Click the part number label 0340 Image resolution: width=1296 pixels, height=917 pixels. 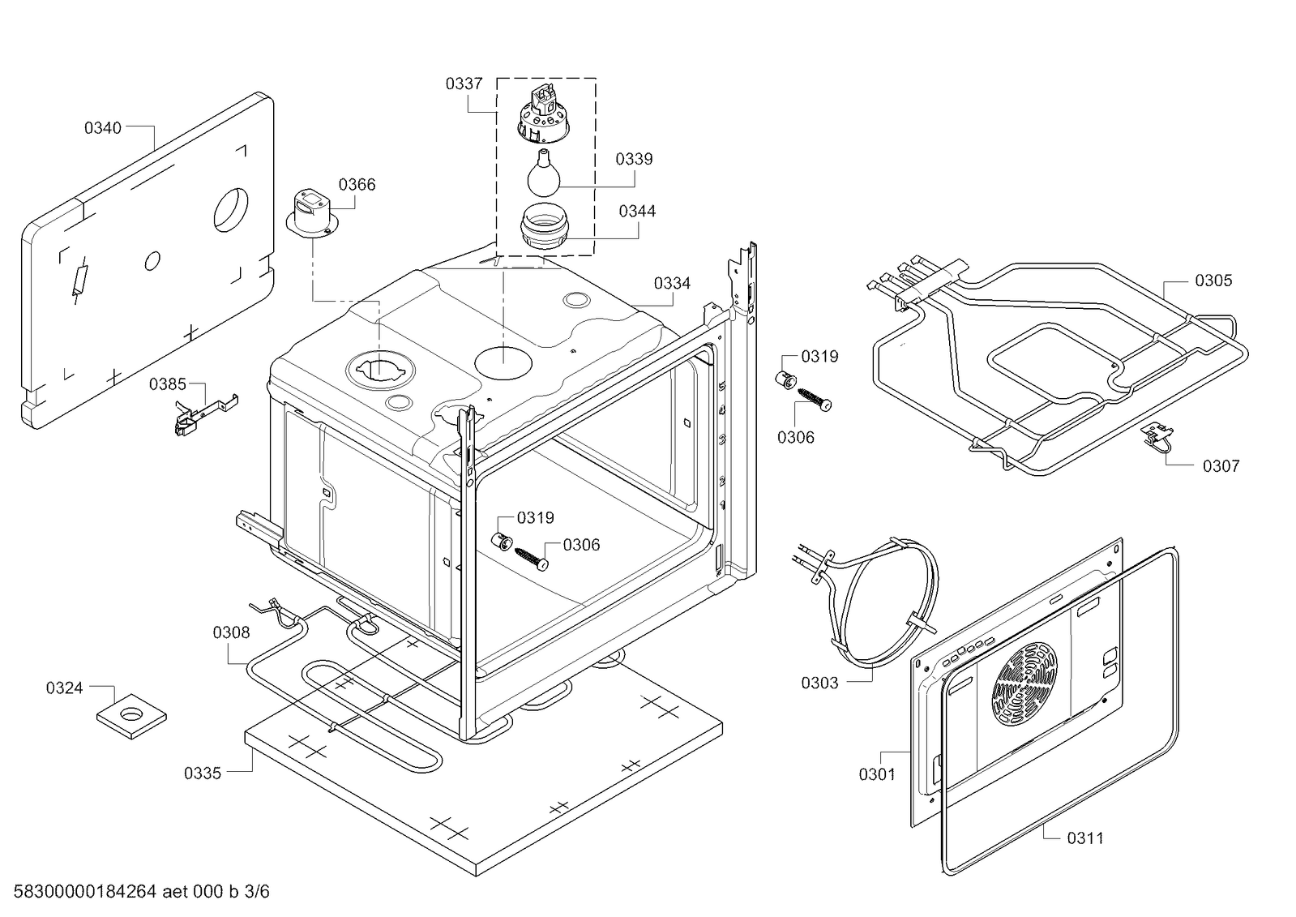click(x=103, y=128)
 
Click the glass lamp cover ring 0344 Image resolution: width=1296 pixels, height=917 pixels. click(x=542, y=228)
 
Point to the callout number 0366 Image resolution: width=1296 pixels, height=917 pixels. click(x=357, y=185)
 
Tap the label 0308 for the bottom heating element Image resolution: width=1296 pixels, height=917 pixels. click(x=231, y=632)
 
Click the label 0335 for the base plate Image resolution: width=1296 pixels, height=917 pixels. click(x=203, y=773)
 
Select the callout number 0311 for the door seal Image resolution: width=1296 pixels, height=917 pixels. click(x=1084, y=838)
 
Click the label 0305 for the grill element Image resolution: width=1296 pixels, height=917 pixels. click(x=1213, y=281)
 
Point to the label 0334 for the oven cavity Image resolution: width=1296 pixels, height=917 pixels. click(x=672, y=283)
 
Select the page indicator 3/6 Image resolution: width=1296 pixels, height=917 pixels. click(x=257, y=893)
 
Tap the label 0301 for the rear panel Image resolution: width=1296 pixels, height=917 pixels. click(x=877, y=774)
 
